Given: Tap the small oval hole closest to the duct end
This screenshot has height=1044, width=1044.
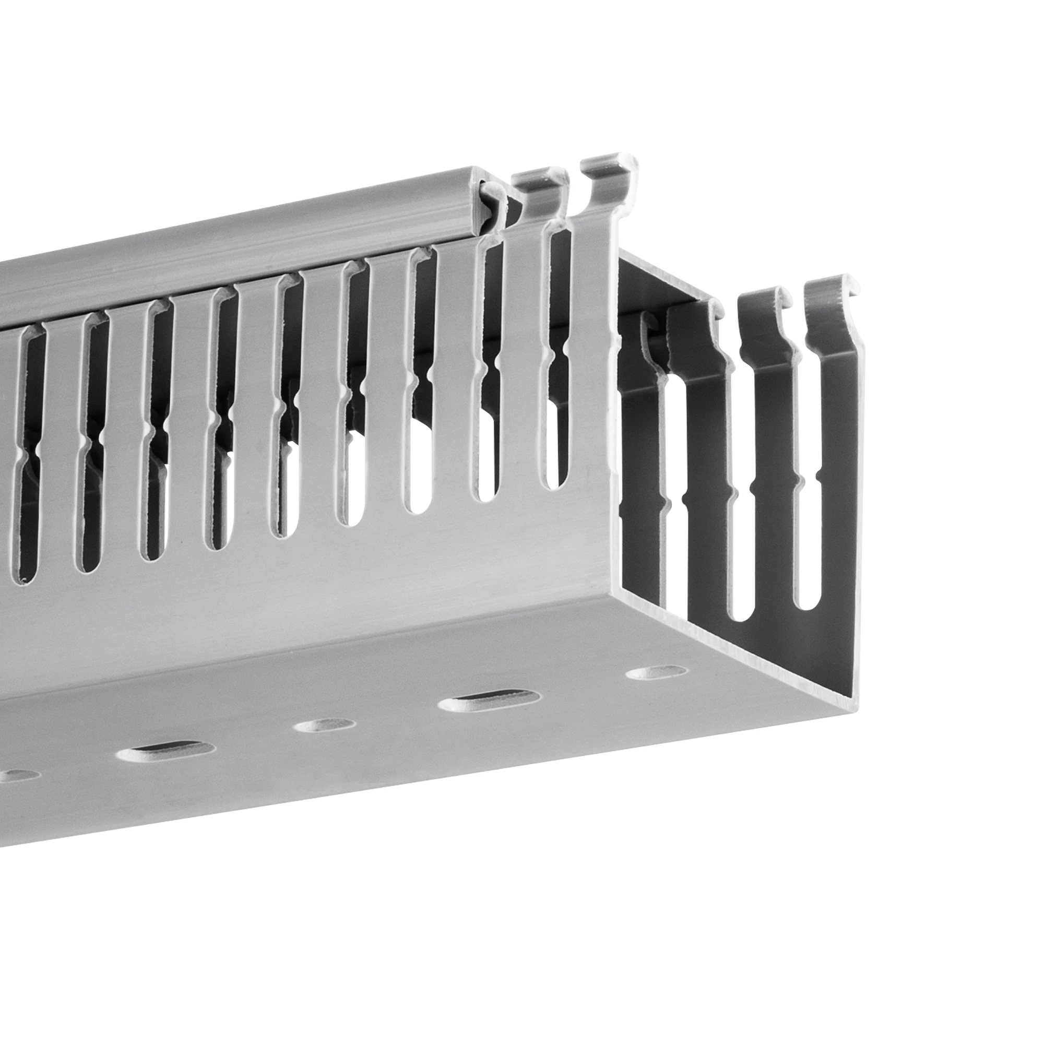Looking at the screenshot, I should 656,673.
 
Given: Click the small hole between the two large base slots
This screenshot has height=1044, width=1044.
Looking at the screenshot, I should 324,726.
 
